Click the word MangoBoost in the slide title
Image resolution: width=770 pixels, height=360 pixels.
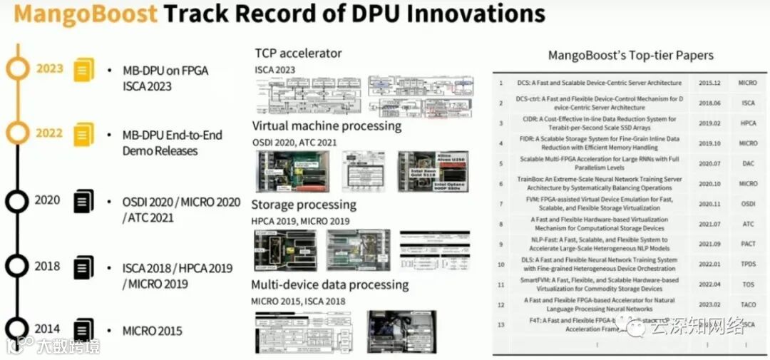coord(84,14)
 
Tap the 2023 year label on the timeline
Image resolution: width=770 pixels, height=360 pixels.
coord(50,69)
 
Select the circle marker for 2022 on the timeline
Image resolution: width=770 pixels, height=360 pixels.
coord(17,133)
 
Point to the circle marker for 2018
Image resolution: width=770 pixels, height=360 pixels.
coord(16,266)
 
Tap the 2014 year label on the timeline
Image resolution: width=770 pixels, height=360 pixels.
coord(47,329)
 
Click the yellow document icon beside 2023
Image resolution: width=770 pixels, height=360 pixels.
coord(84,70)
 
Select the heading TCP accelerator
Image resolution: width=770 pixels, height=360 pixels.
coord(298,53)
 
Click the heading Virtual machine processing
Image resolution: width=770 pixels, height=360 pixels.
coord(327,126)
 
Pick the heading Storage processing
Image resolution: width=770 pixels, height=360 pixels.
coord(303,205)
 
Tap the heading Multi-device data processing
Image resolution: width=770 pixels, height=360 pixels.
coord(329,285)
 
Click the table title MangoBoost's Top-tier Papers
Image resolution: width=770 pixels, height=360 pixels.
coord(630,55)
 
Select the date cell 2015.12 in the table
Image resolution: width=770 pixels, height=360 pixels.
coord(712,83)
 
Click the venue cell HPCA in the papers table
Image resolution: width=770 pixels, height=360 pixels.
coord(748,123)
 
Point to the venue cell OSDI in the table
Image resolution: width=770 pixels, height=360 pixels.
coord(748,203)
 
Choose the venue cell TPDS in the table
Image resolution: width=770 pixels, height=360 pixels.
coord(748,264)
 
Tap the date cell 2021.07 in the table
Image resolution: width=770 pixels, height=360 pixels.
coord(712,224)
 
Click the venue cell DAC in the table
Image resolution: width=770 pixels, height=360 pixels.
coord(748,163)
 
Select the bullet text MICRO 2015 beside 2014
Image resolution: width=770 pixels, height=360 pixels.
coord(152,331)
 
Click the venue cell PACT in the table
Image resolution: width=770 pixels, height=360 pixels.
coord(748,244)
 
